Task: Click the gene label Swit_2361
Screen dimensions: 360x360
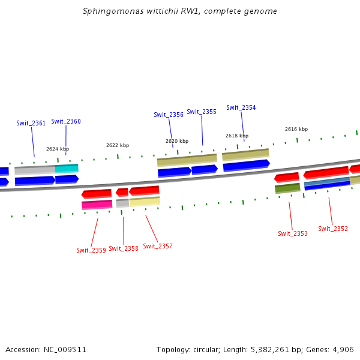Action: (x=31, y=123)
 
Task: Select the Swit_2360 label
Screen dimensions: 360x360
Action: (x=66, y=121)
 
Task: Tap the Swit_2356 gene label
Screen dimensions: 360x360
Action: (x=169, y=115)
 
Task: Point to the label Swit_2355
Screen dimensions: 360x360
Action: (x=202, y=112)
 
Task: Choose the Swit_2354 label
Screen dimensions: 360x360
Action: (x=241, y=107)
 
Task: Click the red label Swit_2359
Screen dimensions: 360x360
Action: (x=91, y=250)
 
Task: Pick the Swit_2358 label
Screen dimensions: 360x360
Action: (x=124, y=248)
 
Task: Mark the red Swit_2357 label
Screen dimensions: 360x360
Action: (x=158, y=246)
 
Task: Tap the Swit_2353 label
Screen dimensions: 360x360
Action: (x=293, y=233)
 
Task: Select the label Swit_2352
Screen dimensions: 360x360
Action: (x=333, y=229)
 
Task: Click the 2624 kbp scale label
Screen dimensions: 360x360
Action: (x=58, y=149)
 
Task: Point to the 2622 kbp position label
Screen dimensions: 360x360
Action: (x=118, y=145)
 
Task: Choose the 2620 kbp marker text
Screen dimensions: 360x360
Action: (x=177, y=141)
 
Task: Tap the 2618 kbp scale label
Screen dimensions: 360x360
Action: (x=237, y=136)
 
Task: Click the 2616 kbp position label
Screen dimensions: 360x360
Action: (x=296, y=129)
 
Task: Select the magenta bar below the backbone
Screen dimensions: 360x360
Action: (x=97, y=205)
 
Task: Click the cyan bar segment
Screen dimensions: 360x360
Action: (x=67, y=169)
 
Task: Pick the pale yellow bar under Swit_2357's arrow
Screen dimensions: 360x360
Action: (x=145, y=202)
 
